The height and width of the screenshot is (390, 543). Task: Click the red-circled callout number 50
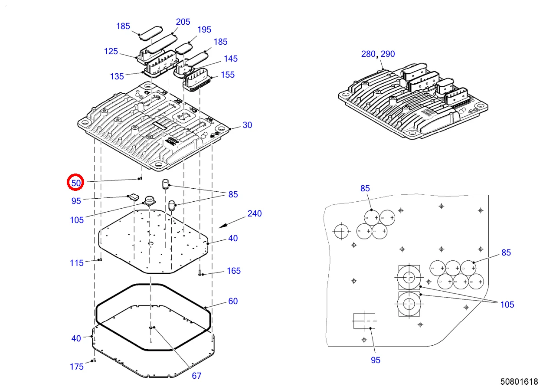76,183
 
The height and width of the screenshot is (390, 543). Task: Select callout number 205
183,22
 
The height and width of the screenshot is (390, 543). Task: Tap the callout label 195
204,29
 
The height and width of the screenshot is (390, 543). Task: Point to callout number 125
111,52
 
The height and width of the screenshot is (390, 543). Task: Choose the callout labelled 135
117,76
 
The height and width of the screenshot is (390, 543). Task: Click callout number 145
231,59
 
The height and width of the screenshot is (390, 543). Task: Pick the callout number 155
227,75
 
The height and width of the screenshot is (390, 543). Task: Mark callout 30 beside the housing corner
247,125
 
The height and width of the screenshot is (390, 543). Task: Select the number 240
255,213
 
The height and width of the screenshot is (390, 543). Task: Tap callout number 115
77,263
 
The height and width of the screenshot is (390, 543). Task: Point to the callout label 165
234,271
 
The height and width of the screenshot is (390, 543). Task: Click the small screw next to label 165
200,273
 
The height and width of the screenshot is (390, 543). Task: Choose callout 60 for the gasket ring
233,301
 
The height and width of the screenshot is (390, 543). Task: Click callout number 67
196,376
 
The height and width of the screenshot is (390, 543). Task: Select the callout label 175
77,367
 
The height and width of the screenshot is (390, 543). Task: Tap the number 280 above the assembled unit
368,54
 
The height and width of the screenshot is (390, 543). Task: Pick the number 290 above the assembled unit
388,54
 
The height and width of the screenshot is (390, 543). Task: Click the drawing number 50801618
519,382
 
